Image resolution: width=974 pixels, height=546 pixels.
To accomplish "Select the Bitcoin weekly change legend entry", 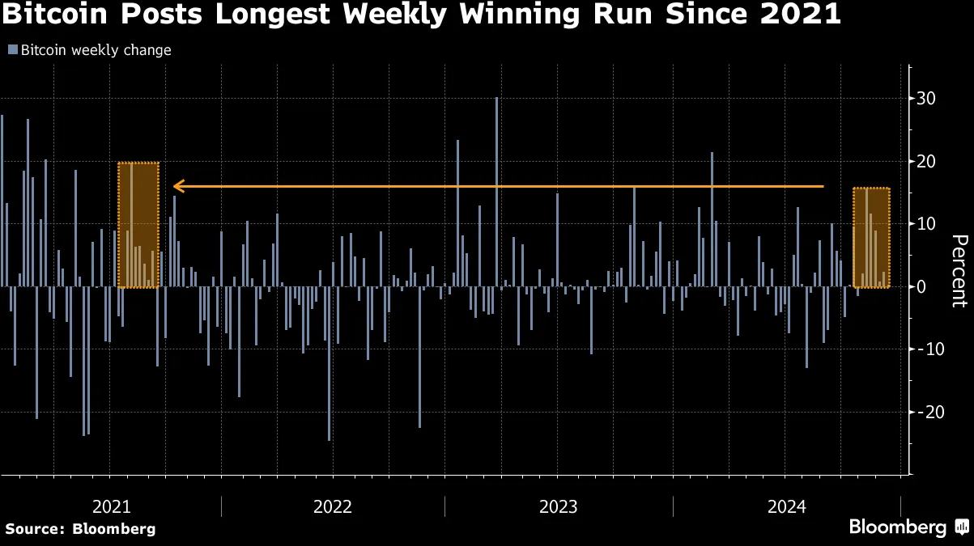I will pos(90,50).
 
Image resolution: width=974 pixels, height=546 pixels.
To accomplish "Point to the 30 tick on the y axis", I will pos(926,99).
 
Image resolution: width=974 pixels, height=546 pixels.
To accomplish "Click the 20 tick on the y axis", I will pos(926,162).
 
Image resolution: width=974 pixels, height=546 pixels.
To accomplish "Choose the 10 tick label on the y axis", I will pos(926,224).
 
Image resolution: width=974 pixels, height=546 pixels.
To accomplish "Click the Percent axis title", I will pos(959,271).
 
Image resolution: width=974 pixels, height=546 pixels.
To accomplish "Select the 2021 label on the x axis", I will pos(112,507).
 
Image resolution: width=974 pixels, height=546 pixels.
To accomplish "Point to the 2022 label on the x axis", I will pos(333,507).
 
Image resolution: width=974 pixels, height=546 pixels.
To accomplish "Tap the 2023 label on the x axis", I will pos(559,507).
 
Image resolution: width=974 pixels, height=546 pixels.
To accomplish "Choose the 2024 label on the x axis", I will pos(787,507).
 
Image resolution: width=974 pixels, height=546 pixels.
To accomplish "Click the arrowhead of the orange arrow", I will pos(178,187).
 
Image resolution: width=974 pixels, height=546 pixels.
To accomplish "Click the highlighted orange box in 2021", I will pos(138,225).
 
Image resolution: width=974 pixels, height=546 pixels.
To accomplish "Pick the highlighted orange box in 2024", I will pos(872,238).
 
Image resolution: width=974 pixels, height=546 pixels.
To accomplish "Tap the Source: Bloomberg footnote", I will pos(80,529).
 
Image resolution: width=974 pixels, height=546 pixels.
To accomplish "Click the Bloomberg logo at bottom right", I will pos(908,527).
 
